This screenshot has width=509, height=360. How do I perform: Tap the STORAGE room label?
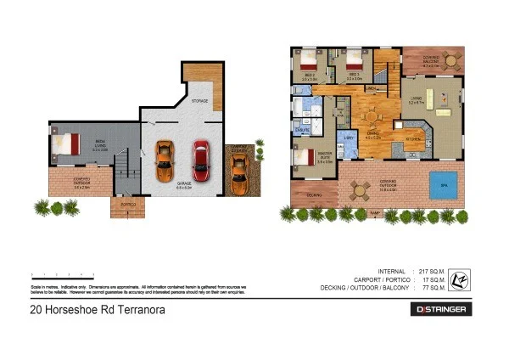[x=199, y=101]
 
